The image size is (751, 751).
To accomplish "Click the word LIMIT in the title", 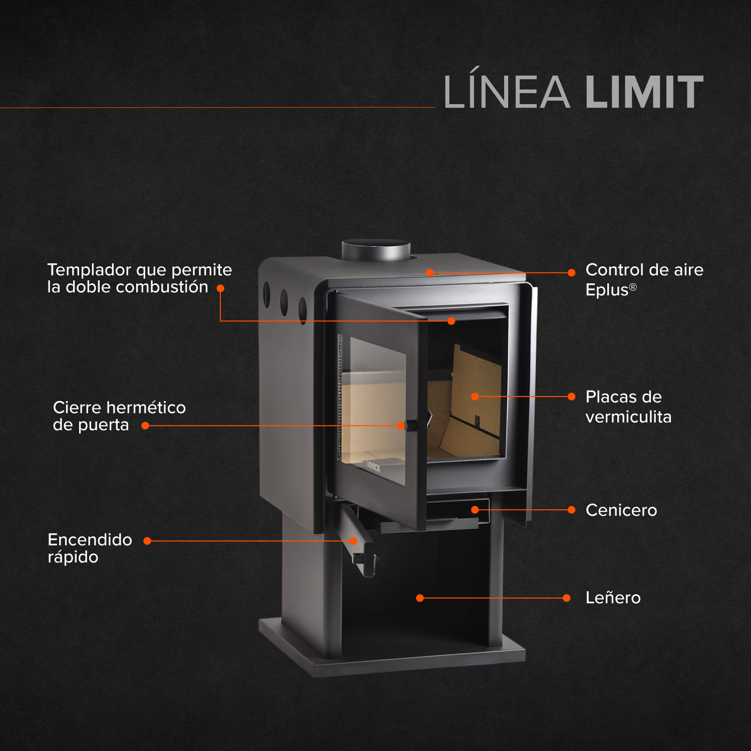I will [x=644, y=92].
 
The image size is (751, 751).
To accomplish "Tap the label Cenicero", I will [x=621, y=510].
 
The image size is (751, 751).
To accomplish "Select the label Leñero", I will [x=613, y=598].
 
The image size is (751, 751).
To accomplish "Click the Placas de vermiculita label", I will [x=628, y=407].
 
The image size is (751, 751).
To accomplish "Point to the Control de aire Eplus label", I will [x=644, y=279].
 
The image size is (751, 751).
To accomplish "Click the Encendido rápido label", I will [x=90, y=548].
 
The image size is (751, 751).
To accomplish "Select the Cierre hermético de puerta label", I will [x=119, y=416].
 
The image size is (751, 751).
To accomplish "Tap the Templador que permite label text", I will [x=139, y=270].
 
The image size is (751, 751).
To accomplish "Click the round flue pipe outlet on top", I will [x=376, y=249].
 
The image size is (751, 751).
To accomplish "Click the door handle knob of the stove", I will [x=411, y=426].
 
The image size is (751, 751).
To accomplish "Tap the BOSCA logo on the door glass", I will [x=372, y=467].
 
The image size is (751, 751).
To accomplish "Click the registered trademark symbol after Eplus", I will [x=633, y=287].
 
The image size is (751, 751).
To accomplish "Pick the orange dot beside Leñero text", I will [x=567, y=598].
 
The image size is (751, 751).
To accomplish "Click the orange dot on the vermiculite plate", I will [x=475, y=397].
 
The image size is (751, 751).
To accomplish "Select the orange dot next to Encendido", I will [x=147, y=541].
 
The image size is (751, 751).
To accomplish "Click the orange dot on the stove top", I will [x=430, y=272].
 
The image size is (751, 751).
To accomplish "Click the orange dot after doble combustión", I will [x=220, y=288].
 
